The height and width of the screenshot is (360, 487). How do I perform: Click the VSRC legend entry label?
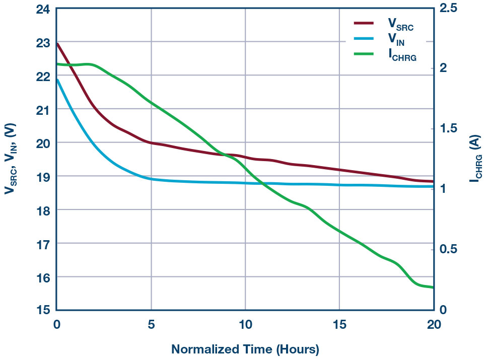(x=400, y=24)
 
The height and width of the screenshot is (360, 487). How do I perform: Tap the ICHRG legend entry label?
(x=402, y=55)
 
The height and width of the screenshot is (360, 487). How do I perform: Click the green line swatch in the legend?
(x=364, y=54)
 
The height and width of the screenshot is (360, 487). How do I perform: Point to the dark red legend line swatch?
(x=364, y=23)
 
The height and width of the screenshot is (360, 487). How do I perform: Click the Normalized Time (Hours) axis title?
(x=245, y=348)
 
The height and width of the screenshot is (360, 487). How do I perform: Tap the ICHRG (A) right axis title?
(x=474, y=160)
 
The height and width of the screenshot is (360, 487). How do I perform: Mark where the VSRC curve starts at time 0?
(x=57, y=43)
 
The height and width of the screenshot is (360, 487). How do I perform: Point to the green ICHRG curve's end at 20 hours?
(x=433, y=287)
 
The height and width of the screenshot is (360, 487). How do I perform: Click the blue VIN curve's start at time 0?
(x=57, y=80)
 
